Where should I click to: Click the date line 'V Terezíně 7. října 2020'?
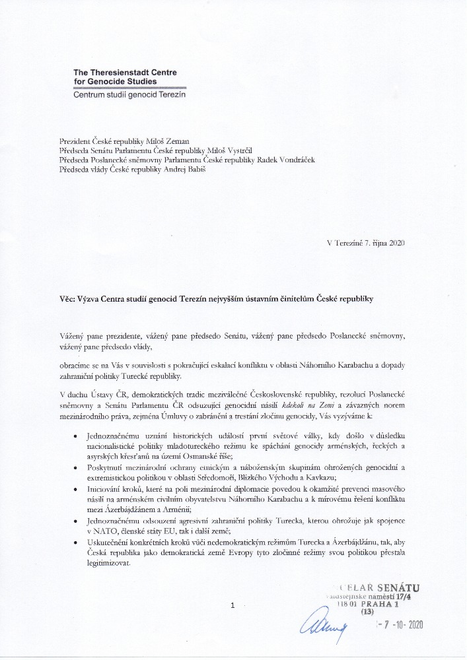365,243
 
